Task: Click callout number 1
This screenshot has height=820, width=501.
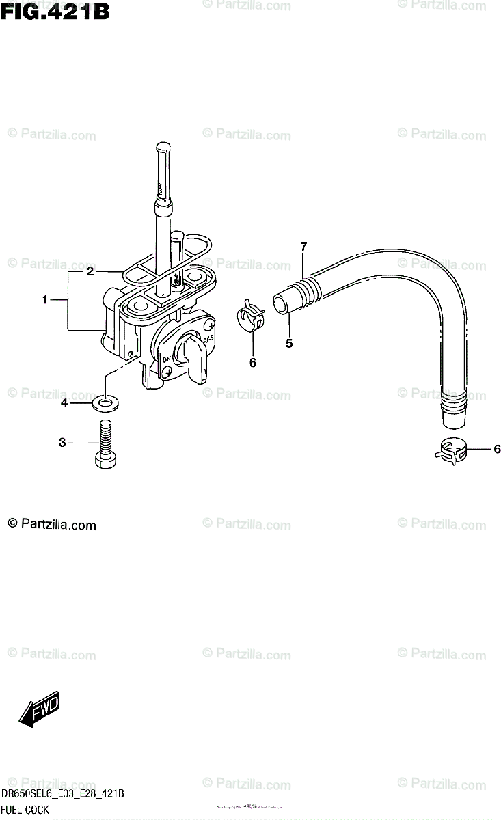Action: pos(45,299)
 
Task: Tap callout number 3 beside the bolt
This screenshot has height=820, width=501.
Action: pos(62,443)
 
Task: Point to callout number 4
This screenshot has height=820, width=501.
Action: pos(64,404)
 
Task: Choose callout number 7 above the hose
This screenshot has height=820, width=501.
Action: pos(303,246)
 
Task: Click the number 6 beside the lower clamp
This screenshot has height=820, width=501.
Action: pos(497,449)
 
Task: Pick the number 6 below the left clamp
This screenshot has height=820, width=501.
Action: pos(252,363)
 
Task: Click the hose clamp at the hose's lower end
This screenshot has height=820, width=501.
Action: pos(450,450)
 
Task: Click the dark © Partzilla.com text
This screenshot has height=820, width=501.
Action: pos(52,525)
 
